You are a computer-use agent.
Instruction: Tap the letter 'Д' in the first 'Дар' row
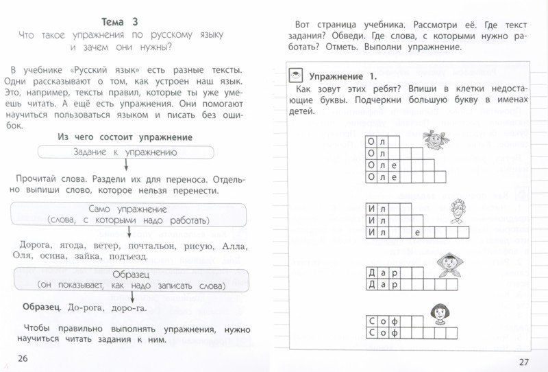click(372, 271)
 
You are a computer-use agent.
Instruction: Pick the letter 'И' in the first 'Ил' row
click(372, 208)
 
